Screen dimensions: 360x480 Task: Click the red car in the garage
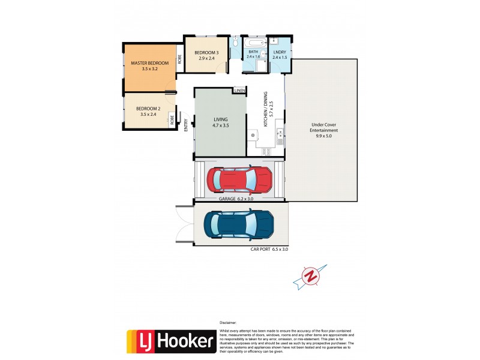(239, 178)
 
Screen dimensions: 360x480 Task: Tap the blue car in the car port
(239, 224)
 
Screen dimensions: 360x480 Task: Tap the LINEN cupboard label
(240, 91)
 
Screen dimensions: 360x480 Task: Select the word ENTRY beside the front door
(186, 124)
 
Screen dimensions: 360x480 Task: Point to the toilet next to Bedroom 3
(235, 43)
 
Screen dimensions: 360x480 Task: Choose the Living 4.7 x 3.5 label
(220, 122)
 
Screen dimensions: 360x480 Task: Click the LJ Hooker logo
(170, 341)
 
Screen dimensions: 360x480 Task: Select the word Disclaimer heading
(229, 322)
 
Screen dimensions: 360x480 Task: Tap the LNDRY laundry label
(279, 55)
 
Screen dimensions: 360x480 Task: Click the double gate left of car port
(183, 223)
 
